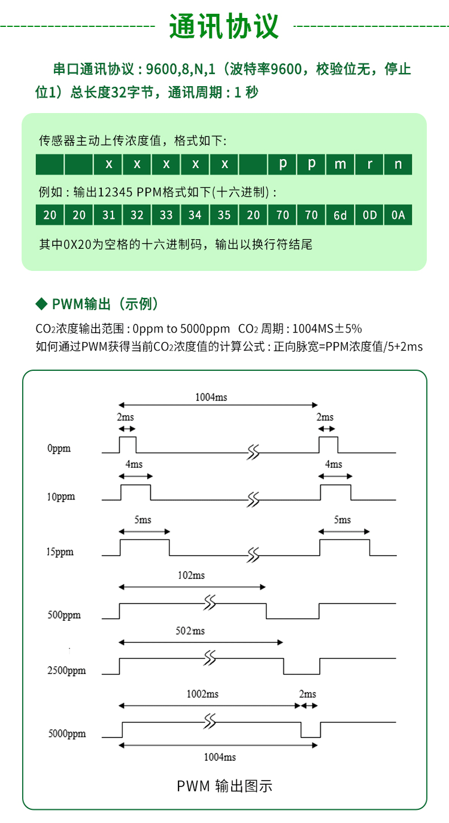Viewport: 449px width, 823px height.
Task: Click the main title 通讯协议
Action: (224, 26)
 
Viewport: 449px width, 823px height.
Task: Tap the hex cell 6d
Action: (340, 215)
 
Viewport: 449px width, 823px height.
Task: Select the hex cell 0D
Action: (369, 215)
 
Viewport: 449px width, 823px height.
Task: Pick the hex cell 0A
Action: (398, 215)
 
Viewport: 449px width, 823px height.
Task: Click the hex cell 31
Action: (108, 215)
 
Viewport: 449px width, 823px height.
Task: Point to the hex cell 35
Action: (224, 215)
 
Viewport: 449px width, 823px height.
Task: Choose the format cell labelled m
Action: (340, 164)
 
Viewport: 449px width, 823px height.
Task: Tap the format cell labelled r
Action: (369, 164)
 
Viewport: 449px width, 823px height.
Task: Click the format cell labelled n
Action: (398, 164)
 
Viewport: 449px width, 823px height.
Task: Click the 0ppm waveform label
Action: (59, 449)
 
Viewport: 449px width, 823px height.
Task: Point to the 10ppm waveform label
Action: (61, 497)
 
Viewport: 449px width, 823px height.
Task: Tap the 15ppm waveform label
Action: (60, 552)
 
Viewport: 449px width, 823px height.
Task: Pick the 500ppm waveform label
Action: (64, 615)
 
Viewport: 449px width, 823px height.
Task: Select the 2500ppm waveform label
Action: (66, 670)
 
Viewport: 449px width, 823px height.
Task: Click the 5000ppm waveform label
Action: (67, 734)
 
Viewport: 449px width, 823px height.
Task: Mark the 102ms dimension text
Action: (191, 575)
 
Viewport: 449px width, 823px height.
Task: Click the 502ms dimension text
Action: (190, 631)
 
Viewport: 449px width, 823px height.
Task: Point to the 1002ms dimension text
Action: (202, 694)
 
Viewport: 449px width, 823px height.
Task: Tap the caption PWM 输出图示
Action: (224, 787)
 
